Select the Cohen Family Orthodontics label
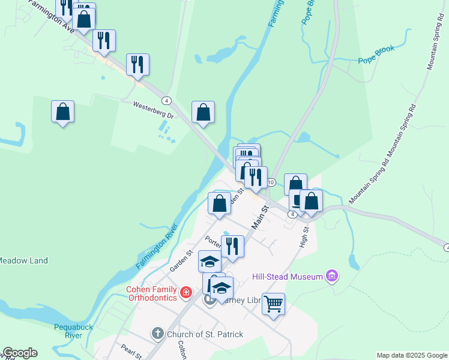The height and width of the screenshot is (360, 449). click(x=151, y=293)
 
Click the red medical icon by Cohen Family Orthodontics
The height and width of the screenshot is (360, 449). click(x=186, y=293)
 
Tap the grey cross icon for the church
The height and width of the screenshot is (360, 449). click(x=157, y=334)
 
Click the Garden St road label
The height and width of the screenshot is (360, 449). click(x=180, y=261)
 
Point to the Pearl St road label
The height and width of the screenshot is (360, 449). click(x=131, y=352)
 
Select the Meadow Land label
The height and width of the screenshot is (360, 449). click(x=23, y=260)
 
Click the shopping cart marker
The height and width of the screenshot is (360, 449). click(x=273, y=304)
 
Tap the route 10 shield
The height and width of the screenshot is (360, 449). click(x=271, y=182)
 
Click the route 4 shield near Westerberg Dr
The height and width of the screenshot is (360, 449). click(x=166, y=100)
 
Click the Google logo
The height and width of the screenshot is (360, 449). click(x=20, y=353)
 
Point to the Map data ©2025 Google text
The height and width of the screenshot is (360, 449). click(x=412, y=355)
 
